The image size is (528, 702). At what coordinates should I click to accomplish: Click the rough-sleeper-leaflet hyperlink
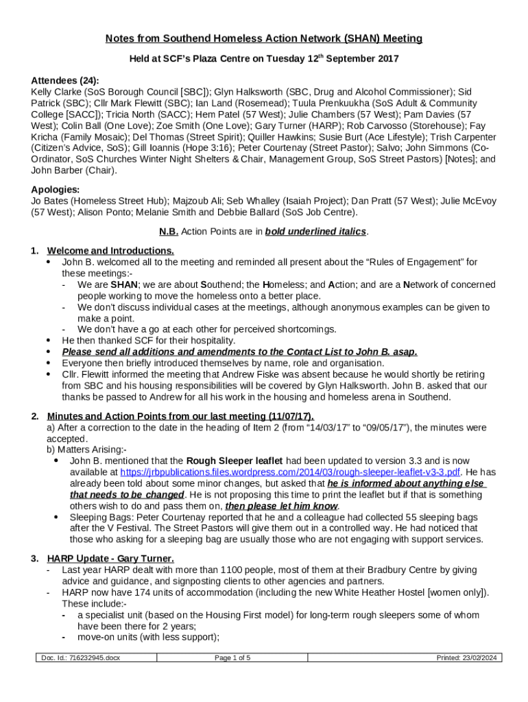[x=290, y=472]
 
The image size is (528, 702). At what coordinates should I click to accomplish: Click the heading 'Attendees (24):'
[x=65, y=80]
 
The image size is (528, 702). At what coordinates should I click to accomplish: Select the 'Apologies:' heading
[x=55, y=190]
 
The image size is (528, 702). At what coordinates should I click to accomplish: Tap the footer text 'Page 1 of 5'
[x=232, y=658]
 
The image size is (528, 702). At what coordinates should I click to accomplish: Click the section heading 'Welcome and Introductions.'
[x=110, y=251]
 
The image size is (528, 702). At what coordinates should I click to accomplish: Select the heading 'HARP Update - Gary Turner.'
[x=110, y=558]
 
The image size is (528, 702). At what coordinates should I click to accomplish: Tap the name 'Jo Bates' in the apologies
[x=50, y=201]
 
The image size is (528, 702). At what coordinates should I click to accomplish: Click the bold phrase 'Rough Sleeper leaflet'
[x=235, y=461]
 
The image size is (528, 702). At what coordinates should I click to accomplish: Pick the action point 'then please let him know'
[x=282, y=506]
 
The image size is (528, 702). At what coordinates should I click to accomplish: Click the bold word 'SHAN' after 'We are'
[x=124, y=285]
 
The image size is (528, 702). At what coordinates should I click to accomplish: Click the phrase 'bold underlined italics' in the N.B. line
[x=316, y=232]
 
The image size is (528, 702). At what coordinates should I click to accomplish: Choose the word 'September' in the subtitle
[x=354, y=59]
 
